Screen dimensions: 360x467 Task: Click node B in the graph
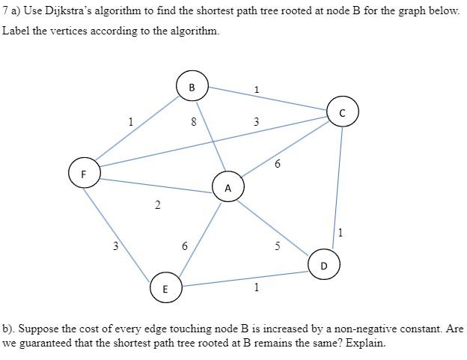click(x=192, y=87)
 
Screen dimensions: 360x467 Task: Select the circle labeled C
click(x=343, y=113)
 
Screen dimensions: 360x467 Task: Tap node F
click(x=83, y=173)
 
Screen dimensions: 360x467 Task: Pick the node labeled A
click(x=228, y=187)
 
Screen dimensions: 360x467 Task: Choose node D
click(x=323, y=265)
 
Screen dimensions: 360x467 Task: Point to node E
click(x=165, y=288)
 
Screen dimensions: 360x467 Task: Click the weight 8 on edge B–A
click(x=194, y=122)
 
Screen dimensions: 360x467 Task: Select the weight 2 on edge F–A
click(x=157, y=205)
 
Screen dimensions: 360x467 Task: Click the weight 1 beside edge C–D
click(x=341, y=233)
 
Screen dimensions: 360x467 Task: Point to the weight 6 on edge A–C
click(x=278, y=164)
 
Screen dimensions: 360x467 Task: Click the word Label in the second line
click(x=16, y=31)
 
